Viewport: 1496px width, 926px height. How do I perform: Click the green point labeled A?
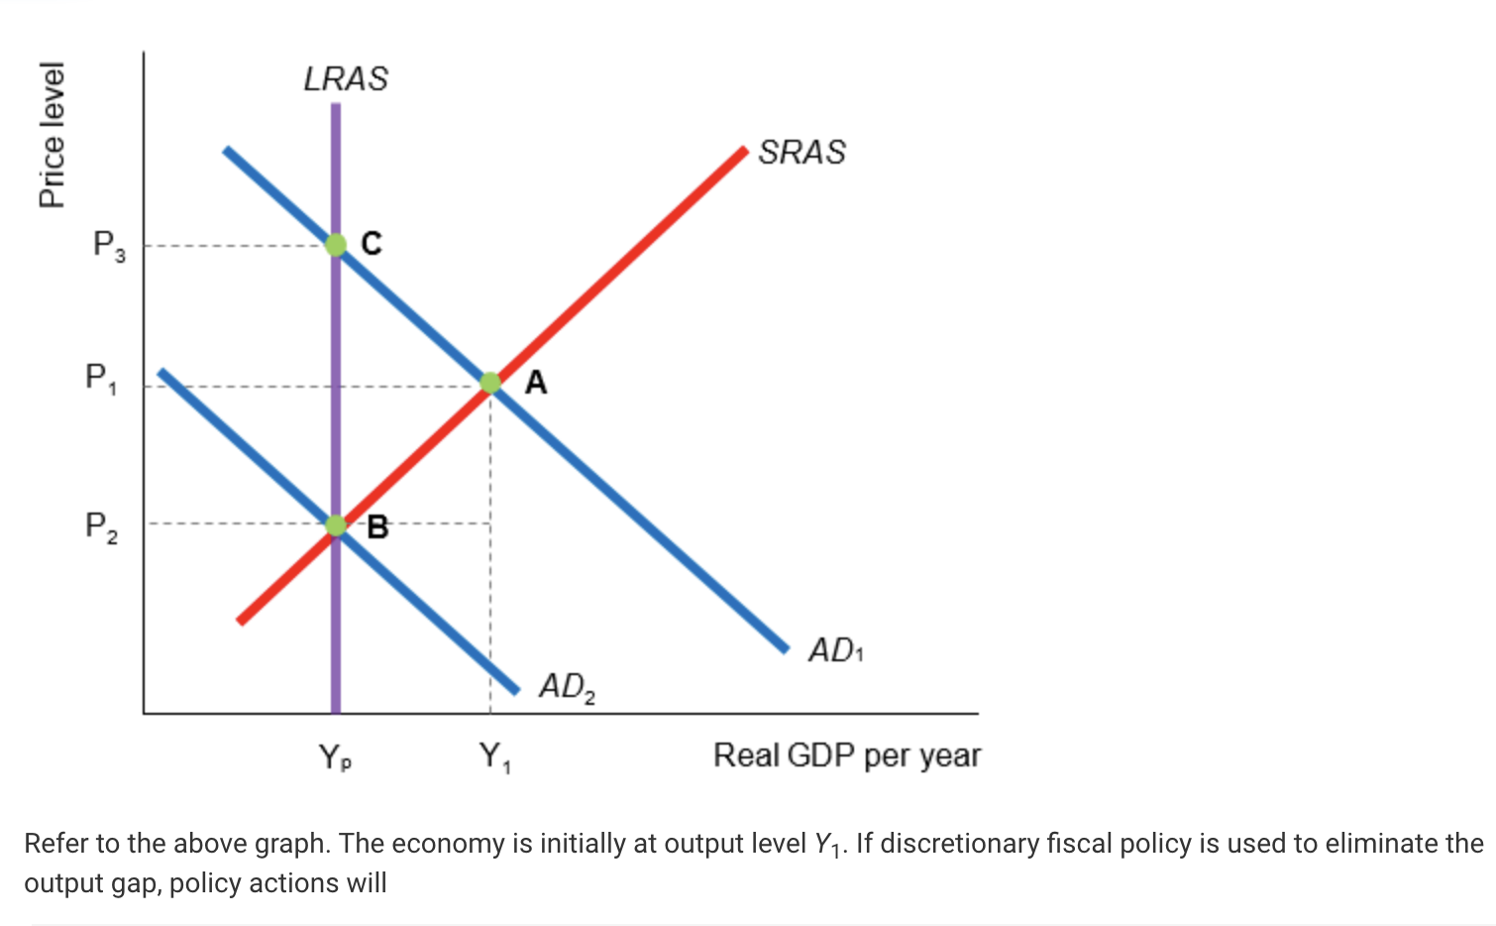490,383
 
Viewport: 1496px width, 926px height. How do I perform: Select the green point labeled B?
336,525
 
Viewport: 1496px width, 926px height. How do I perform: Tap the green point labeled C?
336,244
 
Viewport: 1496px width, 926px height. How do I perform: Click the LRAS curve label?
346,79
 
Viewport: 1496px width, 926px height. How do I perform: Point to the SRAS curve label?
801,153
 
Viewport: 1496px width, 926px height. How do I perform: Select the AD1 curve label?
835,650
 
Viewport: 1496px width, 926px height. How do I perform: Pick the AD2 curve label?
567,686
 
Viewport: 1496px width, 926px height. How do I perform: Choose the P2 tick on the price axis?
101,525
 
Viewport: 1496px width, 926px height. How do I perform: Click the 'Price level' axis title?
52,135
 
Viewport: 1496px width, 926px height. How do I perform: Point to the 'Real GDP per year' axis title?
846,755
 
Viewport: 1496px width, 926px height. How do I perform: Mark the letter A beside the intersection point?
535,382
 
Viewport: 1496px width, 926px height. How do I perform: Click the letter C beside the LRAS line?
372,243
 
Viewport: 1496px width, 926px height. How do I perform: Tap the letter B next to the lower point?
377,527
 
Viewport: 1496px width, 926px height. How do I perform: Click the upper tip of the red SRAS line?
743,151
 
